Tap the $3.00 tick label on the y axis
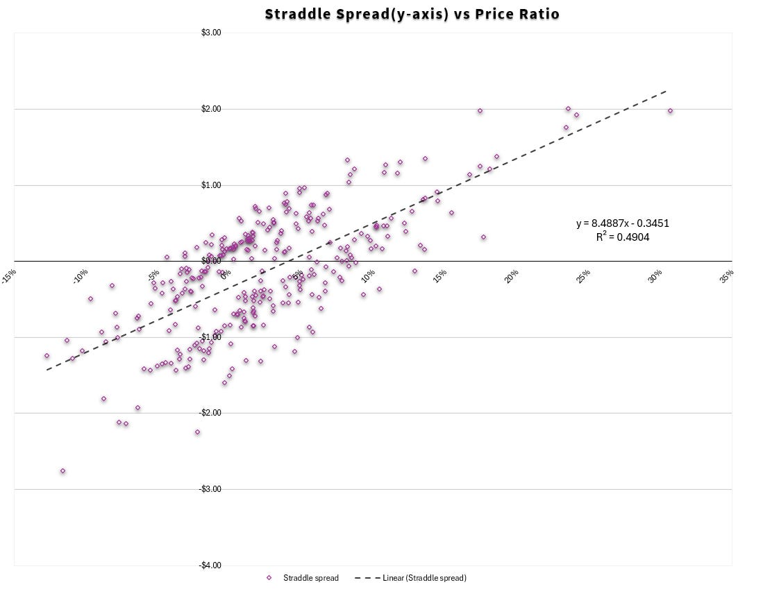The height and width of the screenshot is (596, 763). (211, 33)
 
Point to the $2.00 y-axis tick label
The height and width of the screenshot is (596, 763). (211, 109)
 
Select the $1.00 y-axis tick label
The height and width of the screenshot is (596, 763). (211, 185)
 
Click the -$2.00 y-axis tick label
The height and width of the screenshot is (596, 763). (210, 413)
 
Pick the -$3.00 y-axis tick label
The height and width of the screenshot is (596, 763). (210, 489)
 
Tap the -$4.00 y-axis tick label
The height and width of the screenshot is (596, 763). (210, 565)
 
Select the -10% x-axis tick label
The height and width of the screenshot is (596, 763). (81, 275)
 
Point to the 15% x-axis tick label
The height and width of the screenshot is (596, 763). (440, 275)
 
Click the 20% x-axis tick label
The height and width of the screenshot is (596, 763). (512, 275)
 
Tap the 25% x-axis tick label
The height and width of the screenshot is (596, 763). (584, 275)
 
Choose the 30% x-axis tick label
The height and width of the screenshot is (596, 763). (655, 275)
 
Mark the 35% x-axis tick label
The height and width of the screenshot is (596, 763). (727, 275)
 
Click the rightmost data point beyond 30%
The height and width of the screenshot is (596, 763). (670, 110)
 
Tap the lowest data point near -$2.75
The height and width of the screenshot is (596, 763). (62, 470)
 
